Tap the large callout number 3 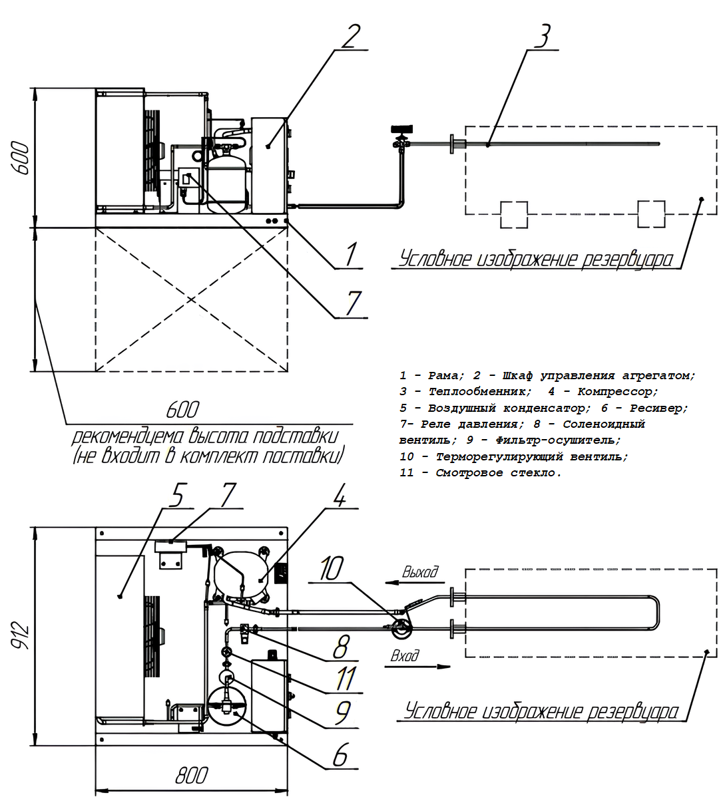click(543, 36)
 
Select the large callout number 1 click(351, 254)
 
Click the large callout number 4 click(340, 496)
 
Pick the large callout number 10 click(331, 568)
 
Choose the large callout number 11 click(346, 679)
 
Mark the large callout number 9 click(342, 713)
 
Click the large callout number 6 click(340, 755)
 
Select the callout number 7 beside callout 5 click(228, 496)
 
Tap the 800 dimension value click(191, 776)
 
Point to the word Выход click(420, 571)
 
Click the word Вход click(405, 655)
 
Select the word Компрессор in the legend click(617, 392)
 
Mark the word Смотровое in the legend click(469, 473)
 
